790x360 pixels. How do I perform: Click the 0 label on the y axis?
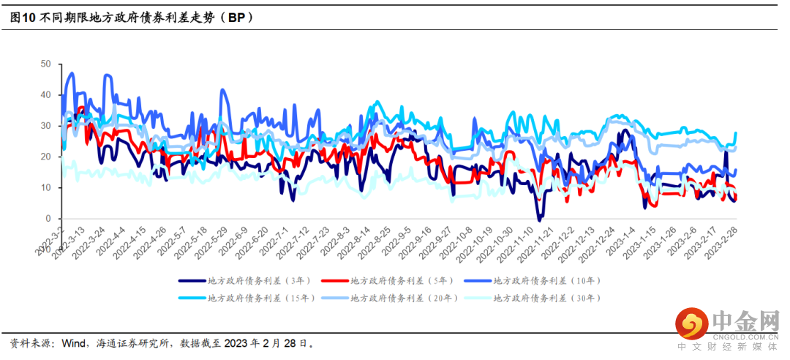coord(48,219)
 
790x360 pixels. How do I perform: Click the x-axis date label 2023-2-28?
coord(724,240)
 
